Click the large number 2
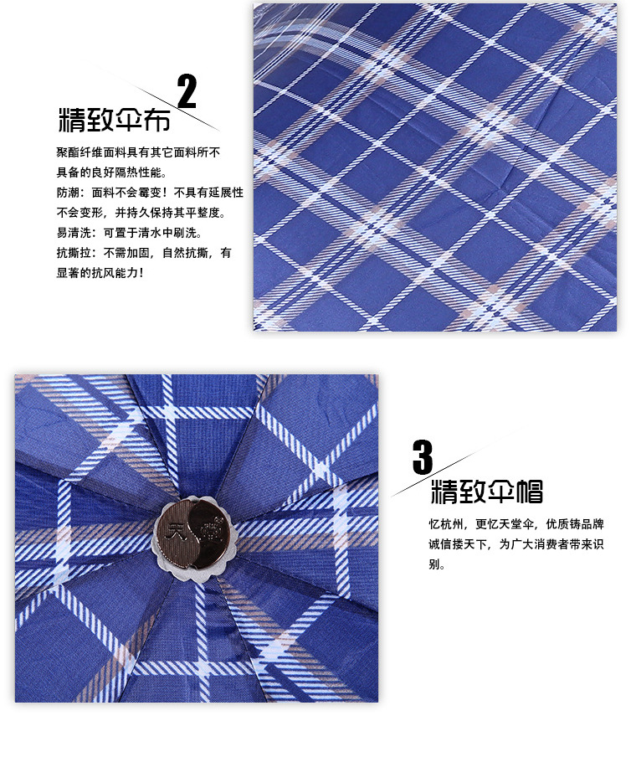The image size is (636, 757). point(187,90)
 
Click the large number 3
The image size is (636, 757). point(423,456)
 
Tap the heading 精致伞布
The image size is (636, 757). point(115,120)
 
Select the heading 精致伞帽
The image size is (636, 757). point(487,492)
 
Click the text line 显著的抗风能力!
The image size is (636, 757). point(100,273)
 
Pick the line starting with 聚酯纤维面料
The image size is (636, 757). point(138,152)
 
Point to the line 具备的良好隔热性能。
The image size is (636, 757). point(112,173)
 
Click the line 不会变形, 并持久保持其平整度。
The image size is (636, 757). point(141,213)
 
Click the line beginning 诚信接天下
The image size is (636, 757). point(516,544)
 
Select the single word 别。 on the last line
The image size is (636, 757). point(437,564)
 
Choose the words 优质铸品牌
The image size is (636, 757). point(575,524)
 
